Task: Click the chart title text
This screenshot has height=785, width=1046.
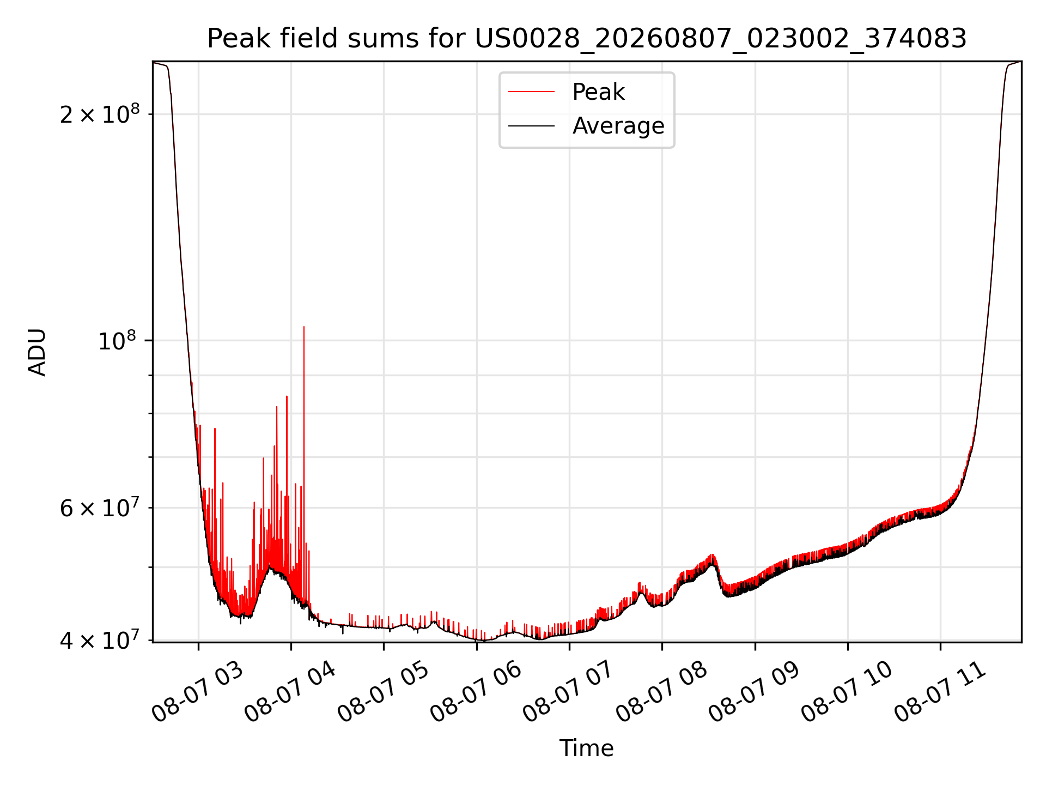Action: [587, 39]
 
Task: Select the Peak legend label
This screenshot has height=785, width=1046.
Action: [598, 92]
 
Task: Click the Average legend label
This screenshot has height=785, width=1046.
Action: [618, 126]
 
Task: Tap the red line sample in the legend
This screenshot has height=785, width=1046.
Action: [531, 92]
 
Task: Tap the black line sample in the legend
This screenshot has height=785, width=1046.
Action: [531, 126]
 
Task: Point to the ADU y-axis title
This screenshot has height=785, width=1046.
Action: [37, 352]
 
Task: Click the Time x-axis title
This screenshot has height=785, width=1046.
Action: [587, 748]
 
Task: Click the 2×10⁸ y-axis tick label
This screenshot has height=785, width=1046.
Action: [100, 114]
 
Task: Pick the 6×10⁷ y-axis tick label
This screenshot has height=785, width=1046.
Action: [100, 508]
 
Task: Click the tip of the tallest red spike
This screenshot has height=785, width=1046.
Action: [304, 327]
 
